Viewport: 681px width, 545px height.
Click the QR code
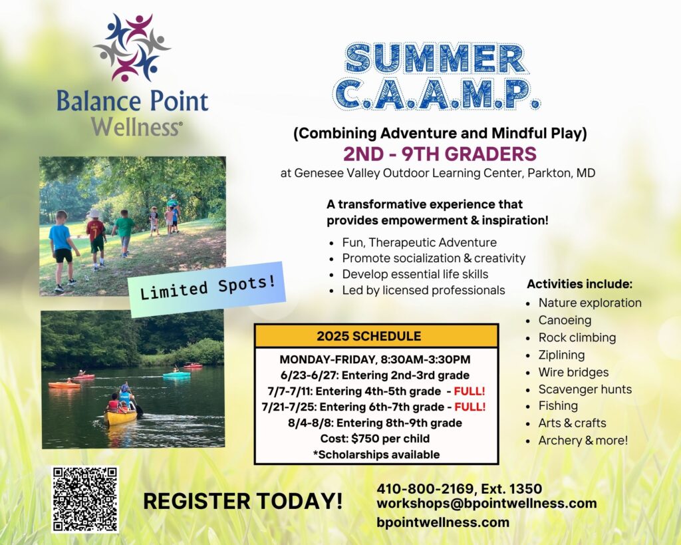tap(85, 499)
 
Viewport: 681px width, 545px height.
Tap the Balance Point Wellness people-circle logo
tap(132, 47)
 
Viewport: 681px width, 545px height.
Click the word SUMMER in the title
tap(436, 59)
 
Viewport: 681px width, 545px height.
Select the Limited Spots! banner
tap(207, 289)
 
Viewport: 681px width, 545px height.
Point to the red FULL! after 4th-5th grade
tap(469, 391)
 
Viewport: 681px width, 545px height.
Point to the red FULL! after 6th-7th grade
tap(470, 407)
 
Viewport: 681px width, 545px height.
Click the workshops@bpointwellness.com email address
tap(486, 503)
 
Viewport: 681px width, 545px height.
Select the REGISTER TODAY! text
tap(243, 500)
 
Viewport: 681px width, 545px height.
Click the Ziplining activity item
tap(561, 355)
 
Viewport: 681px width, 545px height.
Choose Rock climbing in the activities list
tap(577, 337)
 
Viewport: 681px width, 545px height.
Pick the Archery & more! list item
tap(583, 441)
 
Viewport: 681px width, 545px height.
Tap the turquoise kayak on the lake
tap(176, 374)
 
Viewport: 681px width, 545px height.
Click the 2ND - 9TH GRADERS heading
tap(440, 154)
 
